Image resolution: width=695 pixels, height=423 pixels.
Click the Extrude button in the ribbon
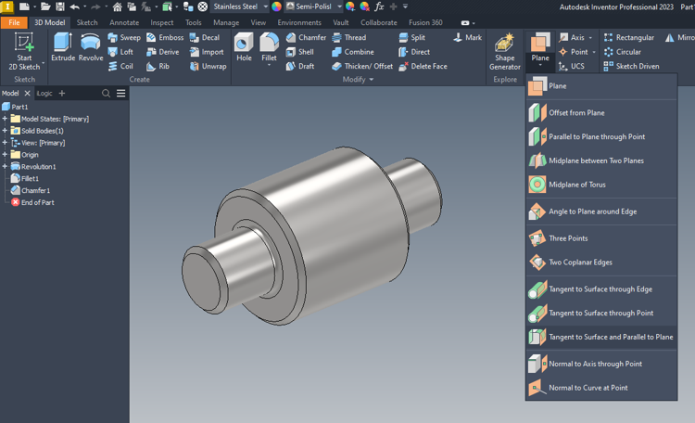pyautogui.click(x=63, y=46)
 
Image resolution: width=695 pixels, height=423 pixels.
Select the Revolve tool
pyautogui.click(x=91, y=46)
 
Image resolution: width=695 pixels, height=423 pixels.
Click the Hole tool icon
pyautogui.click(x=244, y=46)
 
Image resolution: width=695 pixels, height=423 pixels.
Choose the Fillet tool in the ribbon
pyautogui.click(x=269, y=46)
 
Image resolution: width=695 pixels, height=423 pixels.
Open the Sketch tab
pyautogui.click(x=87, y=22)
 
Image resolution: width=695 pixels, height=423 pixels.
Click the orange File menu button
pyautogui.click(x=14, y=22)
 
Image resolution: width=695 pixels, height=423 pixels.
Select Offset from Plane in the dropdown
pyautogui.click(x=575, y=113)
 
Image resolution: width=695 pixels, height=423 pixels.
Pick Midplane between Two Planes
pyautogui.click(x=595, y=160)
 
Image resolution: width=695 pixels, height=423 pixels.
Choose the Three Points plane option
pyautogui.click(x=567, y=238)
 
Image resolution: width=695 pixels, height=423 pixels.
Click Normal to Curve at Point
pyautogui.click(x=588, y=388)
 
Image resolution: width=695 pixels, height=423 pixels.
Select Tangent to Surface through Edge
pyautogui.click(x=600, y=289)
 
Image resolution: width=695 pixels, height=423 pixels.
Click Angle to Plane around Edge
pyautogui.click(x=592, y=211)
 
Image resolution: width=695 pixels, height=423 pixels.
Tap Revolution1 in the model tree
pyautogui.click(x=38, y=167)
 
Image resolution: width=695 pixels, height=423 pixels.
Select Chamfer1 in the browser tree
pyautogui.click(x=35, y=190)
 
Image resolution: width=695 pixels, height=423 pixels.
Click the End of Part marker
pyautogui.click(x=37, y=202)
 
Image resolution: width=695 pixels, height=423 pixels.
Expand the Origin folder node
pyautogui.click(x=5, y=155)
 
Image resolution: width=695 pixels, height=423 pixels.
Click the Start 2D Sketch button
pyautogui.click(x=24, y=50)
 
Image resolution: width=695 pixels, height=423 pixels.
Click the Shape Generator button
pyautogui.click(x=505, y=50)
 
